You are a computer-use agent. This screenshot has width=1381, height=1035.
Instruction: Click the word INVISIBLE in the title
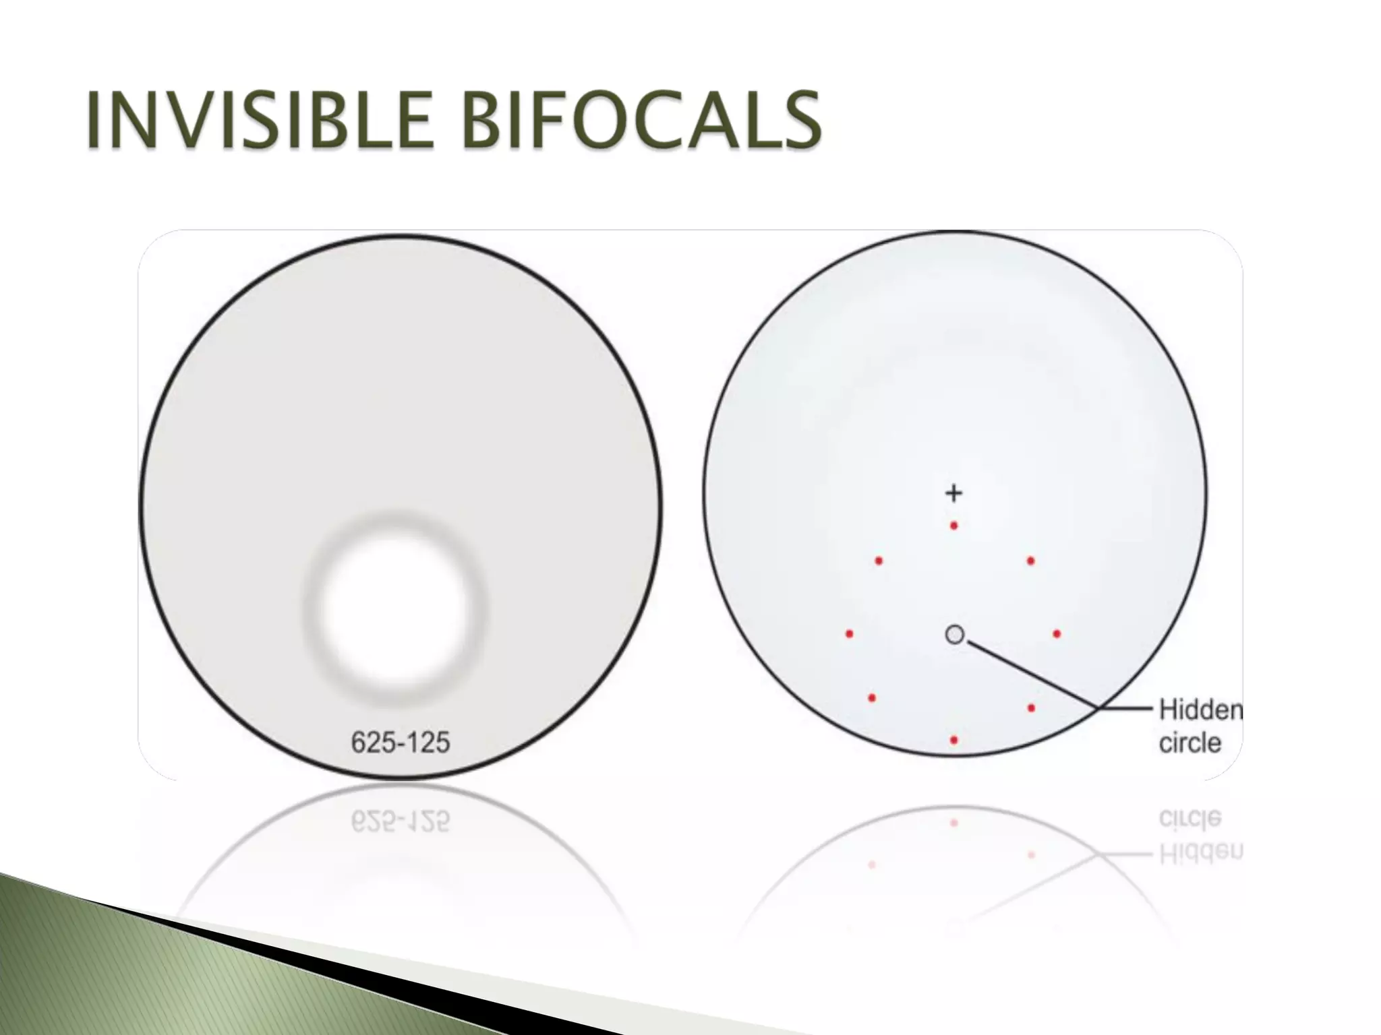pyautogui.click(x=259, y=121)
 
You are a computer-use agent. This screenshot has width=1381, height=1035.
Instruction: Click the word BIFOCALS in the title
pyautogui.click(x=643, y=121)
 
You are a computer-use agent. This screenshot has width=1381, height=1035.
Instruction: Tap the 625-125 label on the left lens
pyautogui.click(x=401, y=743)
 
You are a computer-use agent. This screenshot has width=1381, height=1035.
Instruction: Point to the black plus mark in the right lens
pyautogui.click(x=953, y=493)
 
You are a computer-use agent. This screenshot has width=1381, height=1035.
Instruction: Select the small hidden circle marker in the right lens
pyautogui.click(x=954, y=634)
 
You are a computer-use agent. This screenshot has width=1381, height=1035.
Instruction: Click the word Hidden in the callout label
pyautogui.click(x=1200, y=710)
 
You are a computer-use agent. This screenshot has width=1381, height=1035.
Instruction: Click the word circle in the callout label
pyautogui.click(x=1190, y=743)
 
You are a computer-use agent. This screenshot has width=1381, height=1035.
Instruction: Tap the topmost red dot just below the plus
pyautogui.click(x=953, y=526)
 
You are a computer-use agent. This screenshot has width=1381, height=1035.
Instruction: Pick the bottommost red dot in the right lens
pyautogui.click(x=953, y=740)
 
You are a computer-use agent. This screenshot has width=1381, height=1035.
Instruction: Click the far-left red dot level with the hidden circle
pyautogui.click(x=850, y=634)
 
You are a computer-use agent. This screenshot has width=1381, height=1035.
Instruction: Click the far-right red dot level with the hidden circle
pyautogui.click(x=1057, y=634)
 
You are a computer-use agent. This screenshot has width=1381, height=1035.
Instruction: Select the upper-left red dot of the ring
pyautogui.click(x=879, y=561)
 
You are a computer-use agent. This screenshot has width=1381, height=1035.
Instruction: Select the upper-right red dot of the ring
pyautogui.click(x=1030, y=561)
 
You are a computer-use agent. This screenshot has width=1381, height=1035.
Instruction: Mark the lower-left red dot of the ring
pyautogui.click(x=872, y=698)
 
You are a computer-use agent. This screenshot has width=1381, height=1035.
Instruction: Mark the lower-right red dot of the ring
pyautogui.click(x=1031, y=708)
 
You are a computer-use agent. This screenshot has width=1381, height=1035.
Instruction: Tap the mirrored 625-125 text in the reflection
pyautogui.click(x=401, y=821)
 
